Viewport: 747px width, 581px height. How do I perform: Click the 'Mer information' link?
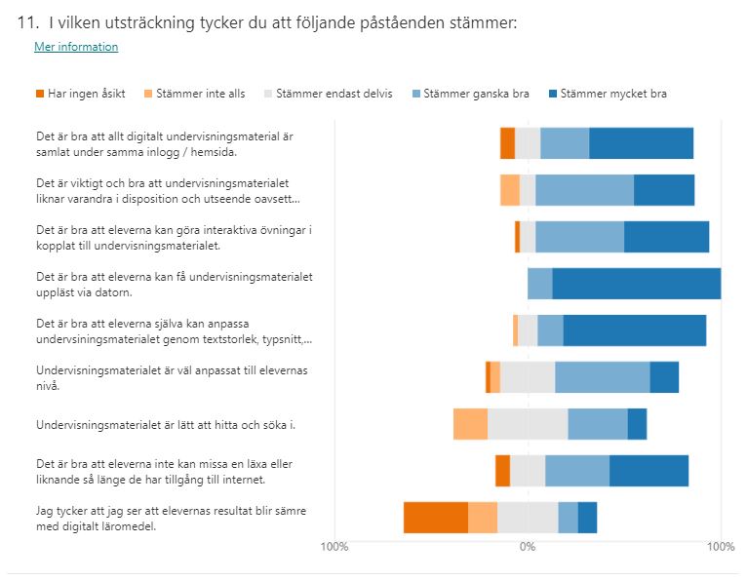click(76, 47)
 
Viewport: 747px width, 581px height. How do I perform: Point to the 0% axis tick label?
click(528, 546)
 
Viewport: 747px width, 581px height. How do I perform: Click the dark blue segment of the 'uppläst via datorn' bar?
click(636, 284)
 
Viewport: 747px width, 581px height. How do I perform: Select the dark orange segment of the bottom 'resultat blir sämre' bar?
click(436, 518)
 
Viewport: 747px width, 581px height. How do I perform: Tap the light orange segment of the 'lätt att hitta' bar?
click(470, 424)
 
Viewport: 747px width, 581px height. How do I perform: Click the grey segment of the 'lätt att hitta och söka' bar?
click(528, 424)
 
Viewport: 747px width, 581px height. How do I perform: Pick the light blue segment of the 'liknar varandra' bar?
click(584, 190)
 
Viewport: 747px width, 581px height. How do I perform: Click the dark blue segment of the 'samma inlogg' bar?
click(641, 143)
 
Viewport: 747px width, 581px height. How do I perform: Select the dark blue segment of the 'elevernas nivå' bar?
click(664, 377)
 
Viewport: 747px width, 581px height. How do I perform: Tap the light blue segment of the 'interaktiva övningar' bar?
click(579, 237)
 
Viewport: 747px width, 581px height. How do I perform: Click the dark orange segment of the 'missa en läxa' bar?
click(502, 471)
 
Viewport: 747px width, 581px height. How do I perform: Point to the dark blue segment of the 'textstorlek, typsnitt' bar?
click(634, 330)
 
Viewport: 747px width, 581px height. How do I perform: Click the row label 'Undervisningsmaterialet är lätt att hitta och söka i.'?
click(165, 425)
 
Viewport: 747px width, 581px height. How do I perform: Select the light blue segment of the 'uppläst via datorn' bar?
click(540, 284)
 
